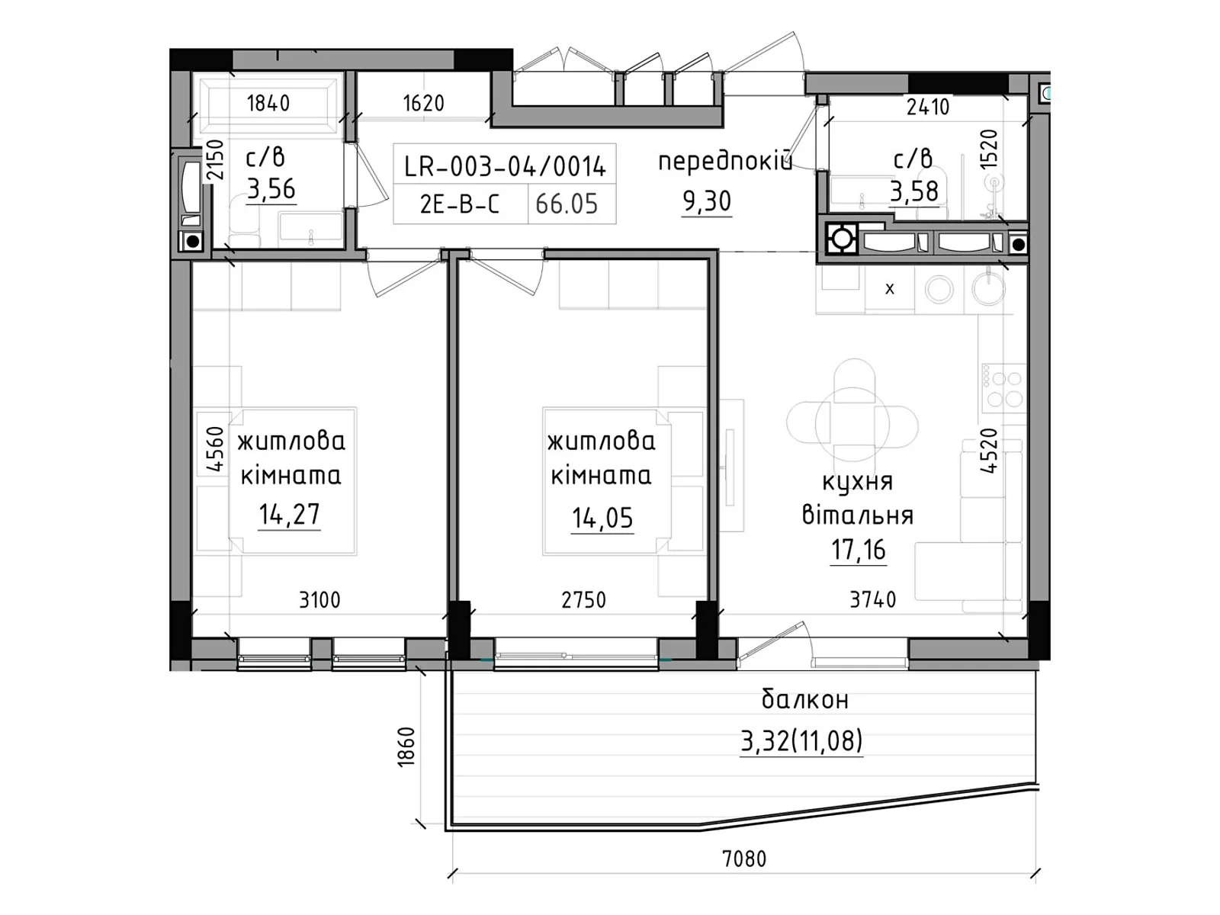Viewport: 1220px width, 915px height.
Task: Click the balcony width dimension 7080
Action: point(743,859)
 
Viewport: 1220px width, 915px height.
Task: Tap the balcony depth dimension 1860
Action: point(406,747)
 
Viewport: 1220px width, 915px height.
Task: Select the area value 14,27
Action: point(289,515)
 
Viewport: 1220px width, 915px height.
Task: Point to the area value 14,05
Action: point(602,518)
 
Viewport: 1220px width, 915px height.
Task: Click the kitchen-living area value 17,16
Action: point(858,550)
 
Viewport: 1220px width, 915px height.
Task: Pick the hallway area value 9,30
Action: point(706,201)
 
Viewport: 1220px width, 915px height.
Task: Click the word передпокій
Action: point(725,162)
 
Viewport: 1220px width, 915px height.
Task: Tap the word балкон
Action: point(804,699)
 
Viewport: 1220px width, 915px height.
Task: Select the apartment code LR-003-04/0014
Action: point(505,166)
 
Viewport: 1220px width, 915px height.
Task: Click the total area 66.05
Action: point(567,204)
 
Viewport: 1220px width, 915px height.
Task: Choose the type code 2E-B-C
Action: point(460,204)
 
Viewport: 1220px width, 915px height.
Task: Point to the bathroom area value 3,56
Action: point(271,189)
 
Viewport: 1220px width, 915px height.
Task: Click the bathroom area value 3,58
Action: point(914,191)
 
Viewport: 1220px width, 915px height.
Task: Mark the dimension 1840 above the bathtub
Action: point(268,104)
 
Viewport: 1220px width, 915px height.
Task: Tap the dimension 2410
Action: point(928,107)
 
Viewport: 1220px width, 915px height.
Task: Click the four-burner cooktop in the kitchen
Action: point(1003,388)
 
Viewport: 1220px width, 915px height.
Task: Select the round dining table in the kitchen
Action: point(852,425)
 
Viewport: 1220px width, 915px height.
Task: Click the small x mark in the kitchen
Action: point(890,289)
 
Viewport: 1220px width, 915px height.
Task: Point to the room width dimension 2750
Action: point(583,600)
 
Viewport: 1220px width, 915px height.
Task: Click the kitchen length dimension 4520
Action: point(989,451)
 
